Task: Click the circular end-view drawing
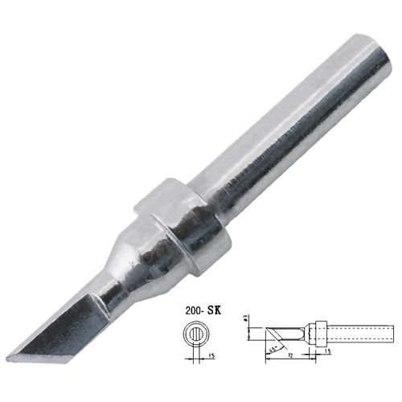coord(195,336)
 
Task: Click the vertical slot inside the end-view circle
coord(195,336)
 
